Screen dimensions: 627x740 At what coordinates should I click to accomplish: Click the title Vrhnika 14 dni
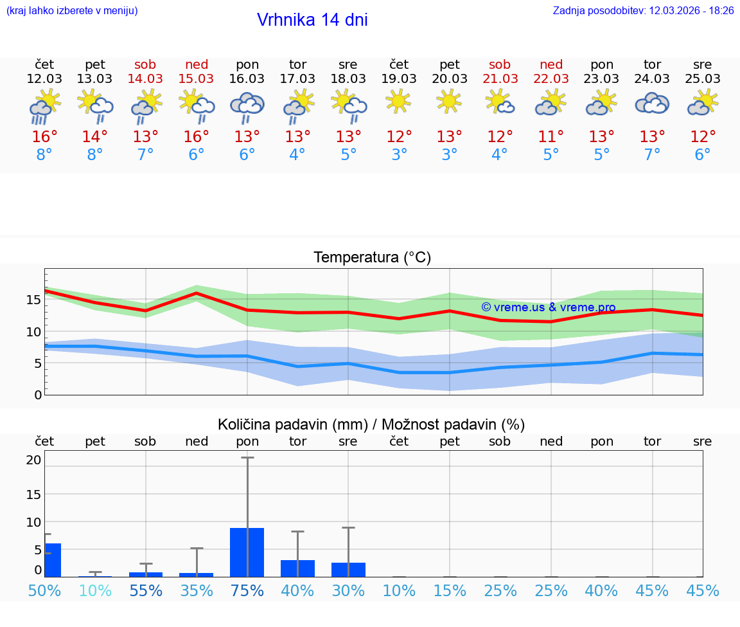312,20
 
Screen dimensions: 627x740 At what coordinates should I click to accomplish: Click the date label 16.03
247,78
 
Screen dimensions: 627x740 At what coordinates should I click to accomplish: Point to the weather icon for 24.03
652,103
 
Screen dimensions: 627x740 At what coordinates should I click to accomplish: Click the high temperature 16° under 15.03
197,137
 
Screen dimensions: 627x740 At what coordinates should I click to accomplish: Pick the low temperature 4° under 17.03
297,155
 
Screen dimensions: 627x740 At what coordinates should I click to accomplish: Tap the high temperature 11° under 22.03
551,137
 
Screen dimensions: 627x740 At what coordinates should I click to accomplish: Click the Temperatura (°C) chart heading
372,258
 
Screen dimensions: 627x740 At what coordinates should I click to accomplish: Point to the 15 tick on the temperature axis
34,300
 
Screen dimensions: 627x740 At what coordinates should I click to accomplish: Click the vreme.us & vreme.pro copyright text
548,307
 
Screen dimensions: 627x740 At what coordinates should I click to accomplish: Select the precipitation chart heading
371,424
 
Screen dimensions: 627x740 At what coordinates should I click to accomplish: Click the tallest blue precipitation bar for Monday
247,552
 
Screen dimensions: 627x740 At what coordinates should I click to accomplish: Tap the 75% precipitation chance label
247,590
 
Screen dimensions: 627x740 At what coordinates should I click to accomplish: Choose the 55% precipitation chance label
146,590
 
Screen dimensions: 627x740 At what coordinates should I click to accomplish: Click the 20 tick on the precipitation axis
34,460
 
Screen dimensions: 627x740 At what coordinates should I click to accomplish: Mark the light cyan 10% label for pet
95,590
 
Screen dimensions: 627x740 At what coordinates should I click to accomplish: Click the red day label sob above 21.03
500,64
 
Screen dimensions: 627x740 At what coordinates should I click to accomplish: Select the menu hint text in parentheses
72,11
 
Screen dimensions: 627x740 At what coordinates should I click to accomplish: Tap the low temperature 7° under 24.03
652,155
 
